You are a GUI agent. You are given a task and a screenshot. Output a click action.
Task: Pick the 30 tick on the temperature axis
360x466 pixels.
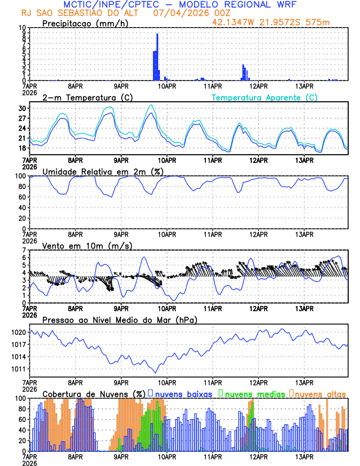(x=22, y=109)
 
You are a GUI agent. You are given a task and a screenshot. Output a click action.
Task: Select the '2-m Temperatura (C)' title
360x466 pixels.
(x=84, y=97)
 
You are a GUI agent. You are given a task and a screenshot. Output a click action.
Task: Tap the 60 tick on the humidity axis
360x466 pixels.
(x=22, y=197)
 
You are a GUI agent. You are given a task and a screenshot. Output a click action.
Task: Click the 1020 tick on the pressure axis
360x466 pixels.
(x=19, y=332)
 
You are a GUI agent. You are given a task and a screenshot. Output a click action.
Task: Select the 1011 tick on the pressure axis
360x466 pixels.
(x=19, y=369)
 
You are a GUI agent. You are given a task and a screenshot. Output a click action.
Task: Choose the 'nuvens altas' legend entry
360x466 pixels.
(x=321, y=394)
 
